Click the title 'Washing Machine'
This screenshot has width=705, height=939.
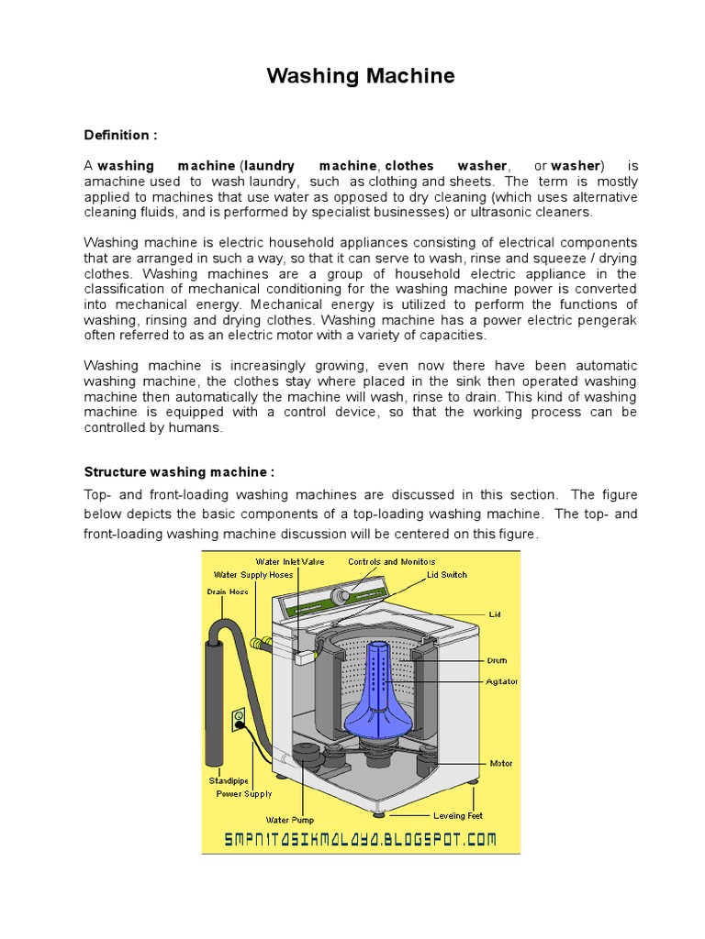tap(361, 76)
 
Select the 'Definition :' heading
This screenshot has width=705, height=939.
tap(120, 135)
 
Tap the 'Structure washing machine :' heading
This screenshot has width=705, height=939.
tap(179, 471)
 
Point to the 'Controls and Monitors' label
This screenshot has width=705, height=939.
tap(391, 561)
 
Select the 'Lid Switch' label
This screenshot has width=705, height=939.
tap(446, 575)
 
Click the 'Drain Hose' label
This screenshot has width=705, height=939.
tap(227, 591)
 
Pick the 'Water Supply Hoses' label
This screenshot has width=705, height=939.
tap(254, 575)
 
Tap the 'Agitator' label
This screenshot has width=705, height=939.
tap(502, 681)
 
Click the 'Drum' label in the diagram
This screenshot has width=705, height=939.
tap(498, 660)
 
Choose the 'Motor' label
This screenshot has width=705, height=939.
tap(501, 763)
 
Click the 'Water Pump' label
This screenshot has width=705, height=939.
tap(290, 820)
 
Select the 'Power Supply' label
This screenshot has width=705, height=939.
tap(243, 794)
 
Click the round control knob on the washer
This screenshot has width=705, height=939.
tap(344, 595)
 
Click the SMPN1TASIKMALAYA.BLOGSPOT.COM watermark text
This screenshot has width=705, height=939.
tap(361, 839)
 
